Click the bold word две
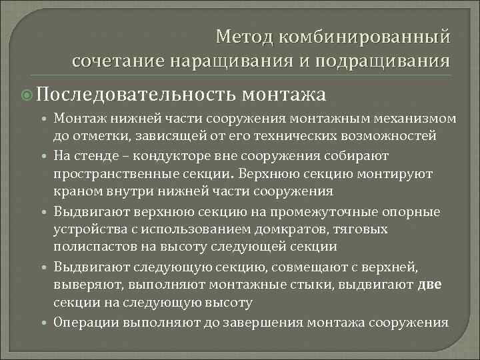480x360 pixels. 429,285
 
